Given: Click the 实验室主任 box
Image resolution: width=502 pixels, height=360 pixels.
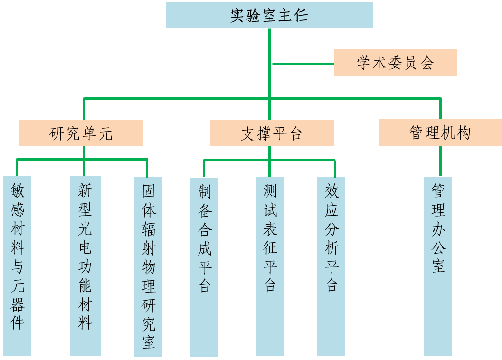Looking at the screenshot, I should coord(269,15).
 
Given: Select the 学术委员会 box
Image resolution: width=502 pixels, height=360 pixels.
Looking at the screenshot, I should coord(395,63).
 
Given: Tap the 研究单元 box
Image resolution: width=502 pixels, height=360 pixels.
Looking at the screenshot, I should coord(81,133).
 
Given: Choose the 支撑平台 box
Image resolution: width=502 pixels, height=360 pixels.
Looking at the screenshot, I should coord(272,133).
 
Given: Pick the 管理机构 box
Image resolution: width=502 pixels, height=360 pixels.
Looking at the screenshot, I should coord(440,133).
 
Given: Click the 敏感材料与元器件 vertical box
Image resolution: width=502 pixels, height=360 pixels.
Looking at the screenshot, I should coord(17,266).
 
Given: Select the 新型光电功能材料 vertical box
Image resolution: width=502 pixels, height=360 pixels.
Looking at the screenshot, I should coord(85,266).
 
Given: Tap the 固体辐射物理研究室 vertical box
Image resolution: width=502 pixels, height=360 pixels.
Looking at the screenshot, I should coord(148,266).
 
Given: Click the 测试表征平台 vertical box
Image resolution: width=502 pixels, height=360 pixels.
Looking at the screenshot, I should coord(269,266).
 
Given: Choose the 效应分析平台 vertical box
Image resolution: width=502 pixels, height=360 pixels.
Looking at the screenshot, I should coord(331,266).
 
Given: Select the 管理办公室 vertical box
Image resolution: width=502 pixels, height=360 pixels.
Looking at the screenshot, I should coord(437,266).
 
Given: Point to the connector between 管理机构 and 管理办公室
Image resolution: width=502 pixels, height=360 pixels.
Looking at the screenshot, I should coord(440,161).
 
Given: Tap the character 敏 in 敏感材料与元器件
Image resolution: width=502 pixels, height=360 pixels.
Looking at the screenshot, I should coord(18,191).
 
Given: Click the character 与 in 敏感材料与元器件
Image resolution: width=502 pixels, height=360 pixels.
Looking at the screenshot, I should coord(18,266).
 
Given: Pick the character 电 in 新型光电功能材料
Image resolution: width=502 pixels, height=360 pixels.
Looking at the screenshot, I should coord(85,247).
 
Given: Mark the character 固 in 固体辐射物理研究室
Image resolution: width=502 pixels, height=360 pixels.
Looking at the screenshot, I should coord(149,191).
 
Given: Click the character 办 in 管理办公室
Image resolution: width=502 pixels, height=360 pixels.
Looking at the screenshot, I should coord(438,228).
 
